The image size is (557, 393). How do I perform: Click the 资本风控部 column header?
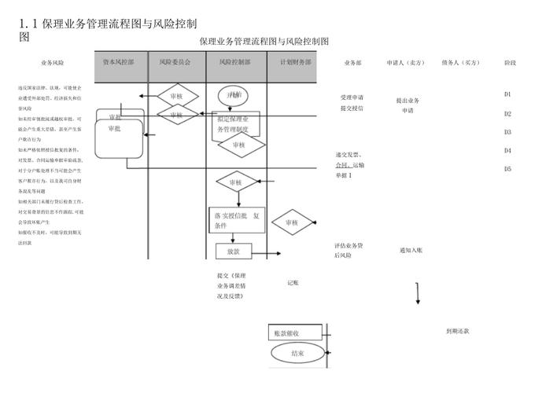pyautogui.click(x=124, y=61)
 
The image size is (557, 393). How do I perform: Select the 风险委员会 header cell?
pyautogui.click(x=175, y=61)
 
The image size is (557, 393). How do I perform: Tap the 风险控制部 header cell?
pyautogui.click(x=237, y=61)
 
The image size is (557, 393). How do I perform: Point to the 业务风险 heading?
pyautogui.click(x=53, y=61)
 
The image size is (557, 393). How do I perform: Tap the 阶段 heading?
pyautogui.click(x=510, y=61)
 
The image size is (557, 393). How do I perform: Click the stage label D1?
pyautogui.click(x=507, y=94)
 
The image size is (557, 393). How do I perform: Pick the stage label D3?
pyautogui.click(x=507, y=132)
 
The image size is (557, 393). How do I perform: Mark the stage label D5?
pyautogui.click(x=507, y=169)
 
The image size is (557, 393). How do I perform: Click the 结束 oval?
pyautogui.click(x=297, y=354)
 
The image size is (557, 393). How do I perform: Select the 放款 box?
pyautogui.click(x=233, y=252)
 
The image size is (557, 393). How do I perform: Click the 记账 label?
pyautogui.click(x=293, y=282)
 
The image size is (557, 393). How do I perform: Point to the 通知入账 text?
pyautogui.click(x=411, y=251)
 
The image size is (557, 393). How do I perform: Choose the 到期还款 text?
pyautogui.click(x=457, y=332)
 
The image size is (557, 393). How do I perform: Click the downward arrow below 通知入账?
pyautogui.click(x=417, y=294)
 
